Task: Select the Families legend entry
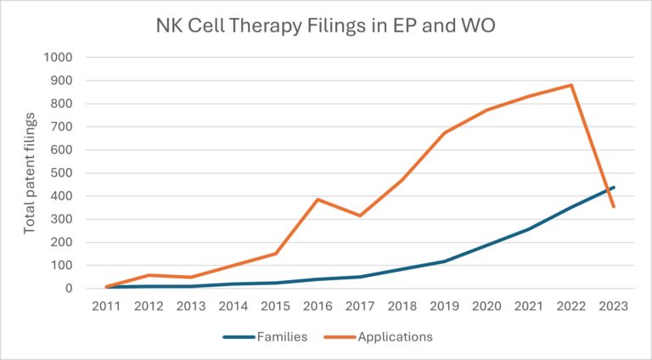coord(264,337)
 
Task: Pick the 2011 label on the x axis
coord(106,307)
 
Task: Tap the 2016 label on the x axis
coord(318,307)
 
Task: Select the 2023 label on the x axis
coord(613,307)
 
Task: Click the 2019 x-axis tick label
coord(444,307)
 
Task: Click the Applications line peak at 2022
coord(570,85)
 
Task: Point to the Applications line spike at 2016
coord(318,200)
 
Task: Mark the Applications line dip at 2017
coord(360,216)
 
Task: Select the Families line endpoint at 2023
coord(613,188)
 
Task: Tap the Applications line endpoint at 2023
coord(613,206)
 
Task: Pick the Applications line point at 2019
coord(444,132)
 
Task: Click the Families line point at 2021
coord(529,228)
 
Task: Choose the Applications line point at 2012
coord(149,275)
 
